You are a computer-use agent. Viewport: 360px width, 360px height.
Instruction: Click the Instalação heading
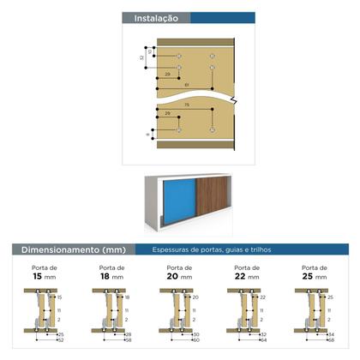(150, 17)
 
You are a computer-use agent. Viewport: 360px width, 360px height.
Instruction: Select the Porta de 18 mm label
(110, 273)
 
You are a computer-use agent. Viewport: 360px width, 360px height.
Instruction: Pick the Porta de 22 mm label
(247, 273)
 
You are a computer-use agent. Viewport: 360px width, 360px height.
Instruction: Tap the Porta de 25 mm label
(315, 273)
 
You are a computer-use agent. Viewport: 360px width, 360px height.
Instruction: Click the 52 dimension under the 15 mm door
(60, 340)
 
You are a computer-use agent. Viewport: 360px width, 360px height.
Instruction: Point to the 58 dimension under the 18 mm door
(128, 340)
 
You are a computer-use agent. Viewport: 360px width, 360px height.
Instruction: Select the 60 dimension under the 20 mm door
(196, 340)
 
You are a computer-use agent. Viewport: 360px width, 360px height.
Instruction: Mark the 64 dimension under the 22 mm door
(263, 340)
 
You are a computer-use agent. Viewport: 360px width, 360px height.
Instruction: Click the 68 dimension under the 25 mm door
(330, 340)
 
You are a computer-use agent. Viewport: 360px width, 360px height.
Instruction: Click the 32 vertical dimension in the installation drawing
(141, 57)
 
